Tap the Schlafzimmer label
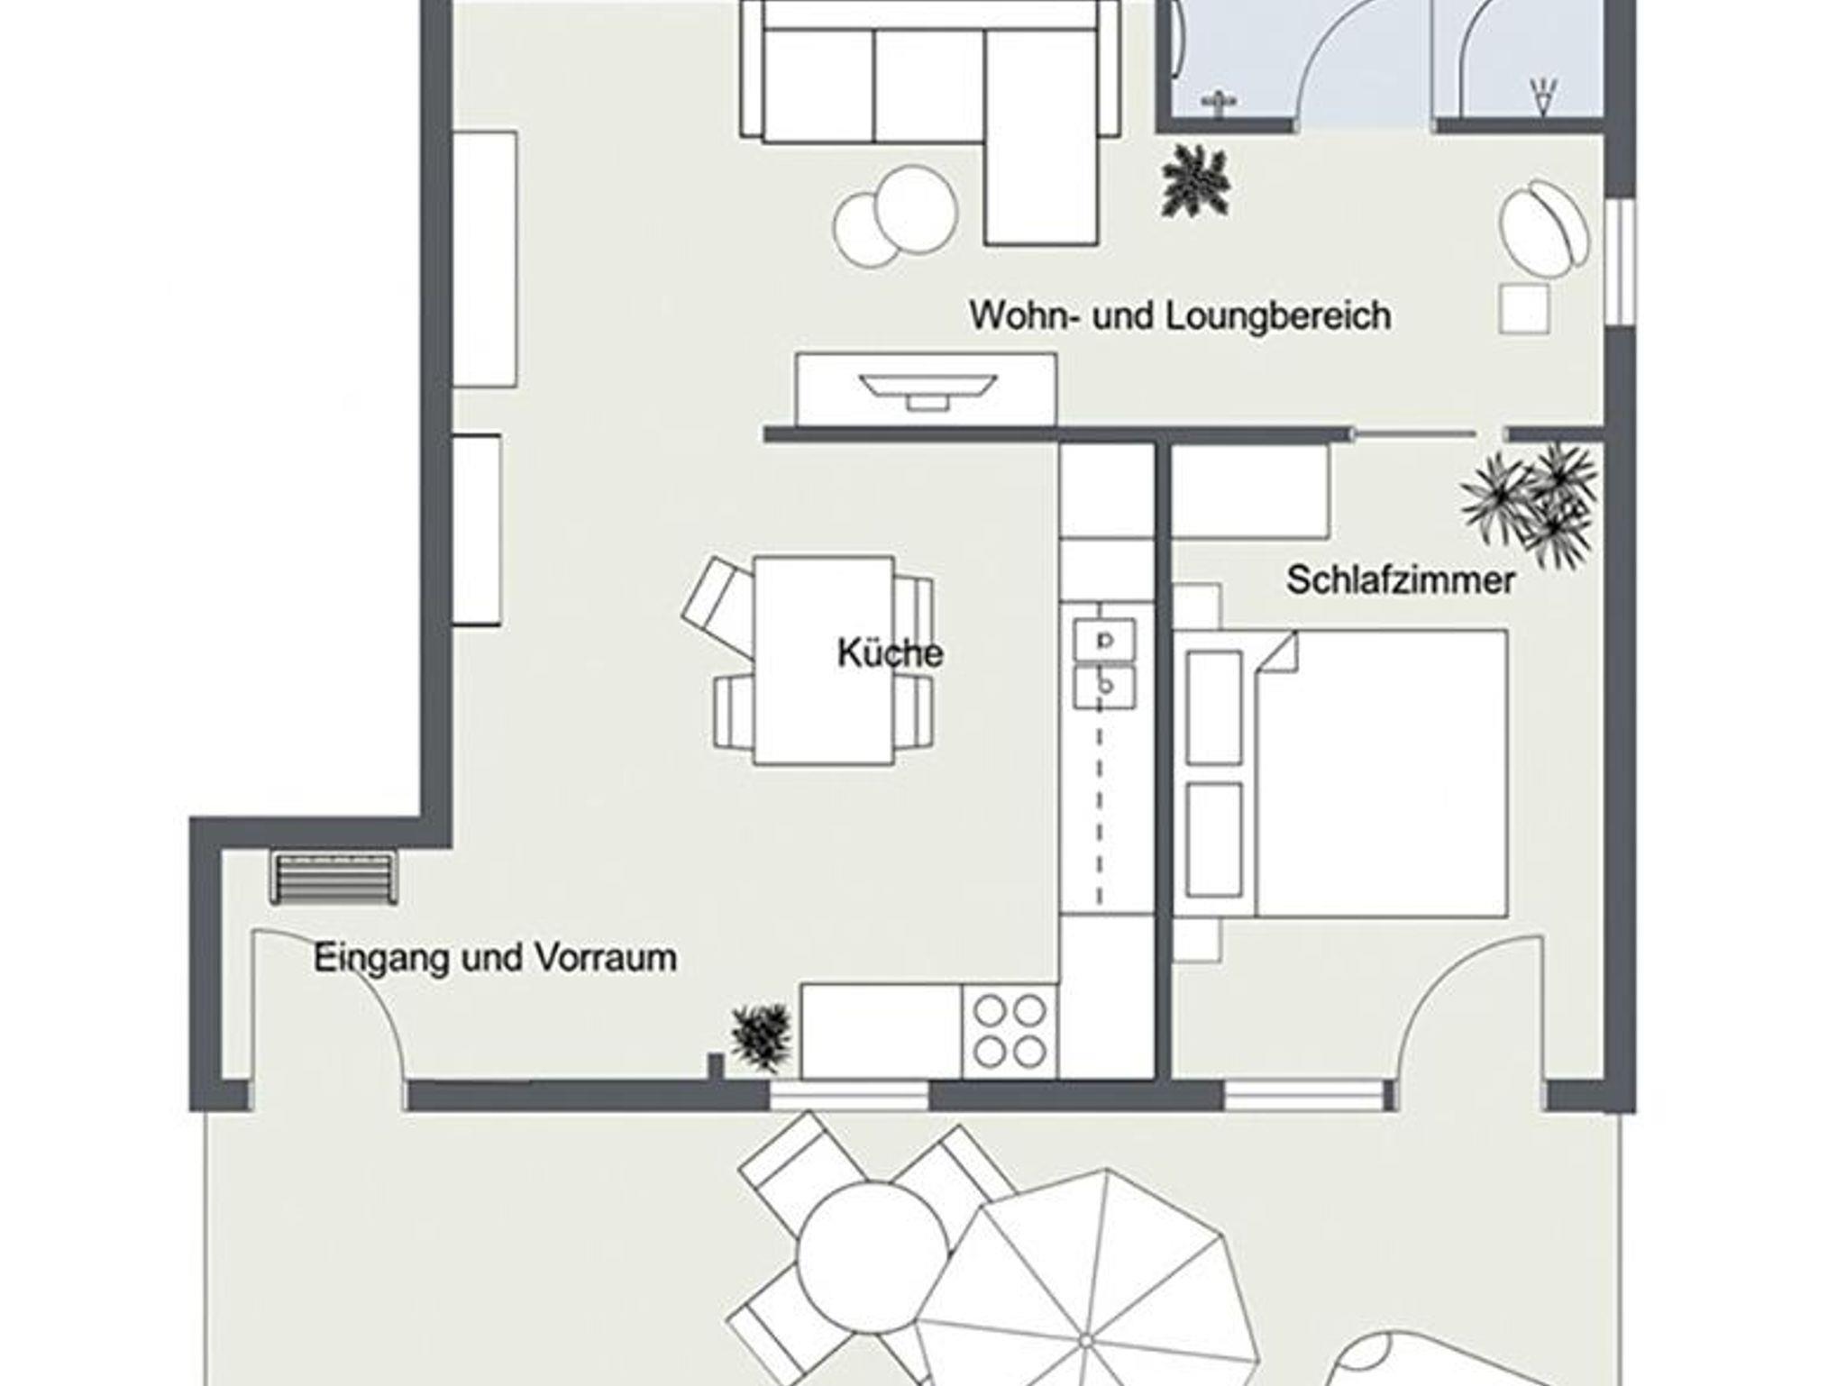click(x=1400, y=580)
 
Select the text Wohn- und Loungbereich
click(x=1180, y=315)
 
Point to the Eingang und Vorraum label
click(x=495, y=957)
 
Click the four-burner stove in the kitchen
click(x=1010, y=1031)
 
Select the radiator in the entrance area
click(x=334, y=877)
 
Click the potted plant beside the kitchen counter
click(x=762, y=1037)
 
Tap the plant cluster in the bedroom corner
click(x=1529, y=505)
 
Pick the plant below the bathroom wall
click(x=1195, y=181)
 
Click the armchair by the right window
click(x=1544, y=231)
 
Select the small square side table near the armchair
click(x=1524, y=309)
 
